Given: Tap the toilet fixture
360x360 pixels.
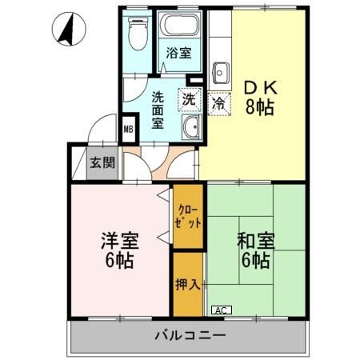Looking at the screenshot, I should point(138,34).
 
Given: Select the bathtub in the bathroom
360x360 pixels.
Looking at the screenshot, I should point(179,26).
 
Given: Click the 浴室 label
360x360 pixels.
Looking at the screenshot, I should point(178,54).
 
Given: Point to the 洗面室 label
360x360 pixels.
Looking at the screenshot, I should point(158,110).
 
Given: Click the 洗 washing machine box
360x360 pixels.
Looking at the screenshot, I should point(188,100).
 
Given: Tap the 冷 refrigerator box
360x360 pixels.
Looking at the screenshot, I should point(218,103).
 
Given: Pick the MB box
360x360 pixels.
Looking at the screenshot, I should point(128,128).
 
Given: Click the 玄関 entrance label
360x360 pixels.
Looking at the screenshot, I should point(102,163).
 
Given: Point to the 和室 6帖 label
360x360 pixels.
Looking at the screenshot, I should point(254,250).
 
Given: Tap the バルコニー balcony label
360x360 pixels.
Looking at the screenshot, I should point(189,335).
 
